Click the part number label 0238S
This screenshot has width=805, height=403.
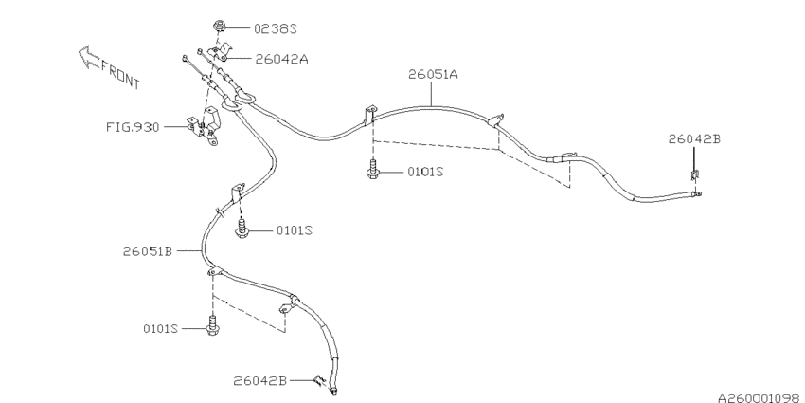[276, 28]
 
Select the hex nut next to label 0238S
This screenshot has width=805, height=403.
[219, 26]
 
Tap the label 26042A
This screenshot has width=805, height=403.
[282, 59]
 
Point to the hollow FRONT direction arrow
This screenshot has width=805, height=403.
[89, 57]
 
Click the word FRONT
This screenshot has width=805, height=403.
[120, 74]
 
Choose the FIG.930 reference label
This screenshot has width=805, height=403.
[133, 127]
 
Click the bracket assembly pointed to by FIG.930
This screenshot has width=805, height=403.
[205, 126]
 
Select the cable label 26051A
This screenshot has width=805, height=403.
[433, 75]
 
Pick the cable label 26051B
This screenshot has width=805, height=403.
[148, 251]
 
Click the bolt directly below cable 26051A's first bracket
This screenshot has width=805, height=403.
[372, 170]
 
